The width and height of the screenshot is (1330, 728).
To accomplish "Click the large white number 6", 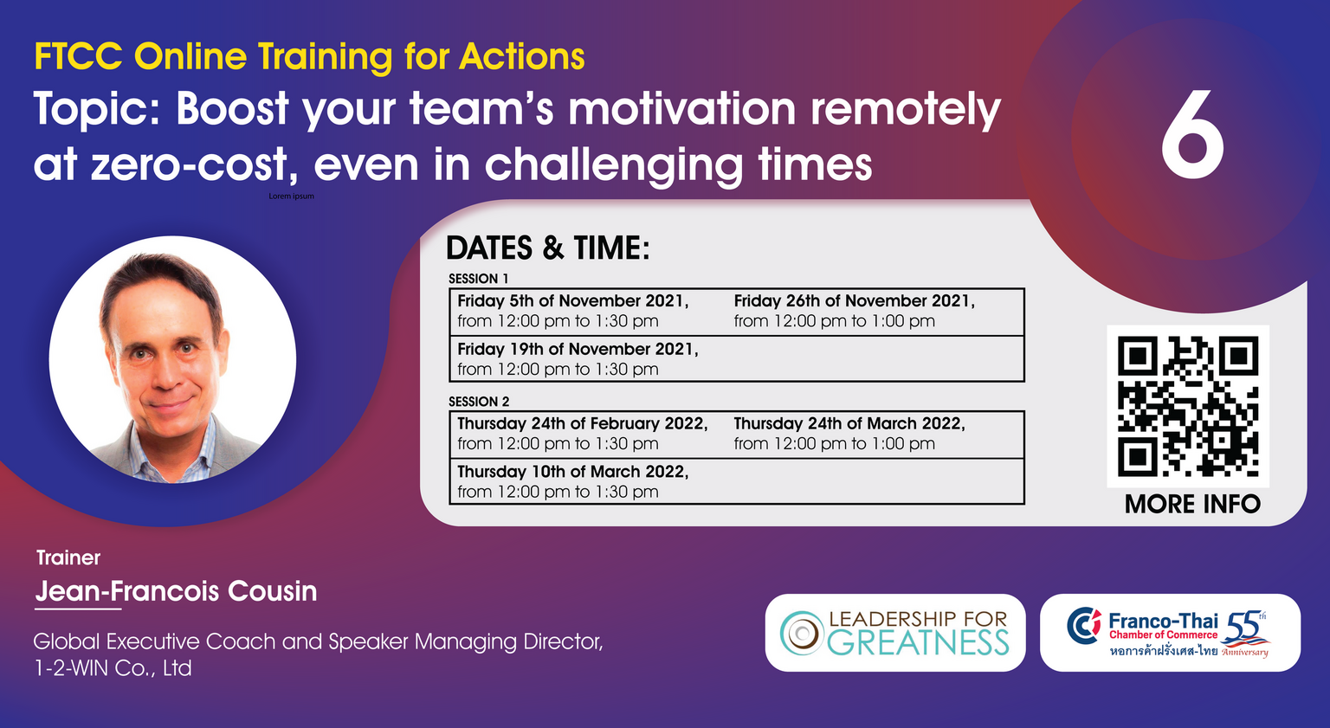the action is pyautogui.click(x=1192, y=134).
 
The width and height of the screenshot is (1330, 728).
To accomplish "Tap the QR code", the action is pyautogui.click(x=1188, y=406).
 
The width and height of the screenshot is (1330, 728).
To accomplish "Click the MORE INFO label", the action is pyautogui.click(x=1192, y=504).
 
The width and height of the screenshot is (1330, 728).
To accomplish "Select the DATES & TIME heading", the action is pyautogui.click(x=547, y=248).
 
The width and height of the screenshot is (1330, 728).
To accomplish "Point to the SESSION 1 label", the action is pyautogui.click(x=479, y=279).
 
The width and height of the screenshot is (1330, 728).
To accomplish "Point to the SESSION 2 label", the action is pyautogui.click(x=479, y=402).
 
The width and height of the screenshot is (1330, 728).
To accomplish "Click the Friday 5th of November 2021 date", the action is pyautogui.click(x=573, y=301).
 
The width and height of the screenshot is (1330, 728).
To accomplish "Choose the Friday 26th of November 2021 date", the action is pyautogui.click(x=855, y=301).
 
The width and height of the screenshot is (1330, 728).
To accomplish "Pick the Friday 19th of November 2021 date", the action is pyautogui.click(x=578, y=349).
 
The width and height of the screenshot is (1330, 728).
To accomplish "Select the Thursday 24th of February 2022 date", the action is pyautogui.click(x=583, y=424).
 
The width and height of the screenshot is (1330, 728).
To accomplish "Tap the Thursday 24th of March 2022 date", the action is pyautogui.click(x=849, y=424).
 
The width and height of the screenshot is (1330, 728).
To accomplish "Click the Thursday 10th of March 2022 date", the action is pyautogui.click(x=573, y=472).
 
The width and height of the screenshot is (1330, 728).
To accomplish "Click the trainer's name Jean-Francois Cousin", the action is pyautogui.click(x=177, y=591).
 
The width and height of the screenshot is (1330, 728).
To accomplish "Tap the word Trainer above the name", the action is pyautogui.click(x=68, y=557).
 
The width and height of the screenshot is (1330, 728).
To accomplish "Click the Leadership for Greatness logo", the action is pyautogui.click(x=894, y=633).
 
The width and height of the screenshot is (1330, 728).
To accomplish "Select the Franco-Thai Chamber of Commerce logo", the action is pyautogui.click(x=1171, y=633).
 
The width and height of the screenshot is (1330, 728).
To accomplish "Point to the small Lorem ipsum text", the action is pyautogui.click(x=291, y=196).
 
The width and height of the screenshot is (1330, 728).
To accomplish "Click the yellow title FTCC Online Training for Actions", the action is pyautogui.click(x=309, y=57).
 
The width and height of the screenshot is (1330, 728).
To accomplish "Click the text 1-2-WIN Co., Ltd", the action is pyautogui.click(x=113, y=668).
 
